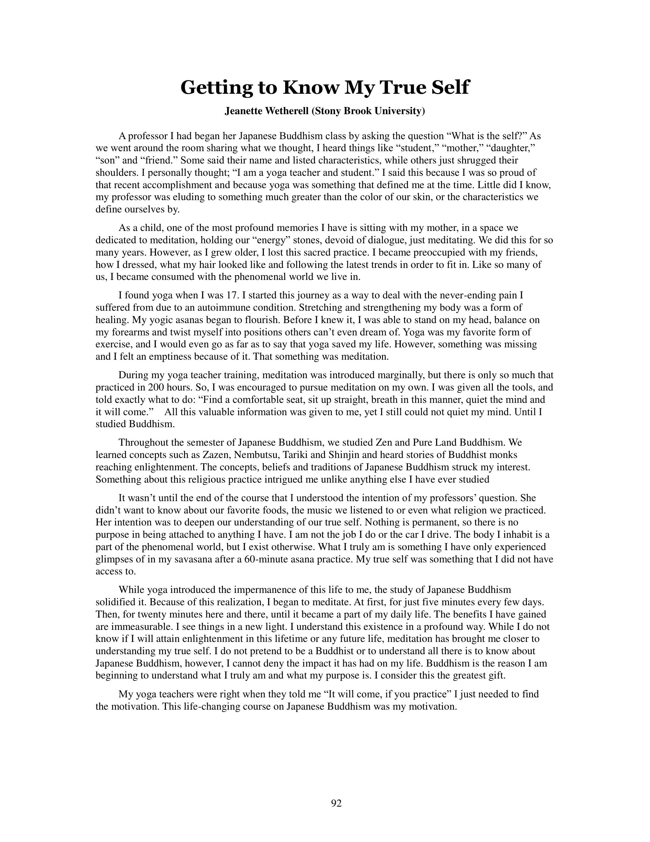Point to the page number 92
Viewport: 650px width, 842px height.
(x=336, y=803)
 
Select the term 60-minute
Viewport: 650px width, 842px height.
(x=266, y=559)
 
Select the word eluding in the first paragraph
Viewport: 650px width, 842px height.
(x=202, y=198)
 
